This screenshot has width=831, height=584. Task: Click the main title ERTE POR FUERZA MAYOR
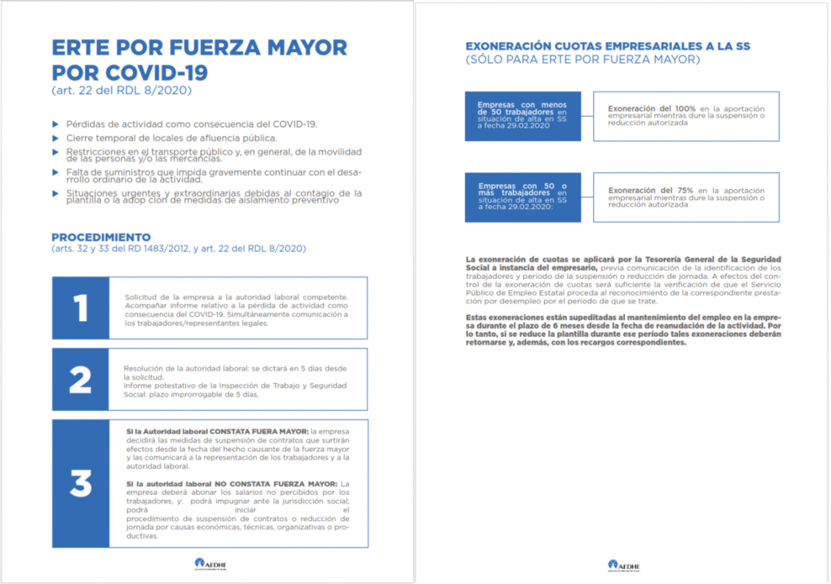[x=199, y=47]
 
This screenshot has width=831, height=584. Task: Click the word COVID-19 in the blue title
[x=156, y=72]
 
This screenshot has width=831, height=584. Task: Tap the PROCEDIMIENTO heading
[x=101, y=237]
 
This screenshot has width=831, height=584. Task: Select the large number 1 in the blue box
[x=80, y=309]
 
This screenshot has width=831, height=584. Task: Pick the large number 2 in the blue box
[x=80, y=381]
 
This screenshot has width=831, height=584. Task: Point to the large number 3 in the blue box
[x=80, y=483]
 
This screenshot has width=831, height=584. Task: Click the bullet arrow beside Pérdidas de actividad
[x=55, y=124]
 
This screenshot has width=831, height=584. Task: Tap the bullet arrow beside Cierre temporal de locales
[x=55, y=137]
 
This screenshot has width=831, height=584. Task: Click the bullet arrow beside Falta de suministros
[x=55, y=172]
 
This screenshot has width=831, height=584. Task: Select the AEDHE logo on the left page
[x=211, y=564]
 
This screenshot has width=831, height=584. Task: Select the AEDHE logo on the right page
[x=624, y=565]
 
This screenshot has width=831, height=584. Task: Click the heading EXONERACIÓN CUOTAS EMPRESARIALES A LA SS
[x=608, y=46]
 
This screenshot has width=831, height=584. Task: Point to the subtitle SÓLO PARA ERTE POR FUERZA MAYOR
[x=582, y=60]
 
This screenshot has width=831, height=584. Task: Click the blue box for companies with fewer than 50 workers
[x=522, y=116]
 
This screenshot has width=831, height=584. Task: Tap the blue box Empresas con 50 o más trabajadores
[x=522, y=197]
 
